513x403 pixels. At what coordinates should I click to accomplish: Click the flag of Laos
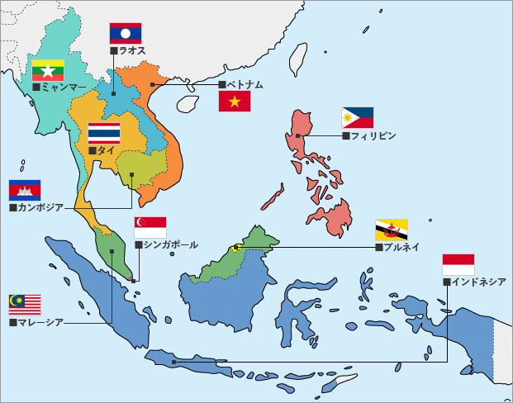(126, 33)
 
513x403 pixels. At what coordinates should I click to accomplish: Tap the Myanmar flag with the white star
(49, 70)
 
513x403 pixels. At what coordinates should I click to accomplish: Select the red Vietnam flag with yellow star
(235, 102)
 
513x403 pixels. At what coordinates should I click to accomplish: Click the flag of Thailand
(104, 134)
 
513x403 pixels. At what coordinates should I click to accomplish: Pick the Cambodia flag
(25, 190)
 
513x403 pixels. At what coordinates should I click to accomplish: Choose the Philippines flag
(358, 118)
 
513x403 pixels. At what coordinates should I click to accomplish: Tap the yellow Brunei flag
(392, 229)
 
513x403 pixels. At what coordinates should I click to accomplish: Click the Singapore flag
(150, 228)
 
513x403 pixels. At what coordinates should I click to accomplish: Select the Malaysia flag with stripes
(25, 305)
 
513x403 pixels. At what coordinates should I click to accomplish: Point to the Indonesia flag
(458, 265)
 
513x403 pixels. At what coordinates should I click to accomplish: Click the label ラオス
(132, 51)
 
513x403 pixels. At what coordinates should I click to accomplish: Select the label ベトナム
(245, 85)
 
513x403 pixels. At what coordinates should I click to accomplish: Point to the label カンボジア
(40, 207)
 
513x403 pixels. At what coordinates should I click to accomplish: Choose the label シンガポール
(170, 245)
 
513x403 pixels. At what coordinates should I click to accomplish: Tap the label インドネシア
(478, 282)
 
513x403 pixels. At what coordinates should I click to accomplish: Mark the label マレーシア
(40, 322)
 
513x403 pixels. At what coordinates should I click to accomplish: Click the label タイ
(106, 151)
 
